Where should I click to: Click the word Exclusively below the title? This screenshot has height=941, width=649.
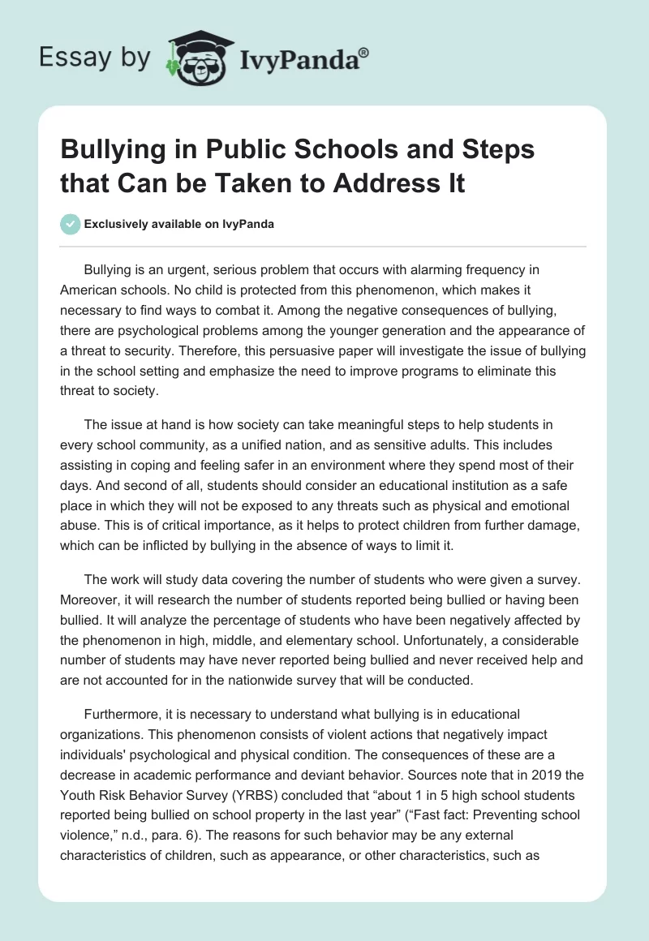[115, 225]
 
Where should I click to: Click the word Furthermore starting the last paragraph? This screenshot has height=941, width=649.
[121, 714]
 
